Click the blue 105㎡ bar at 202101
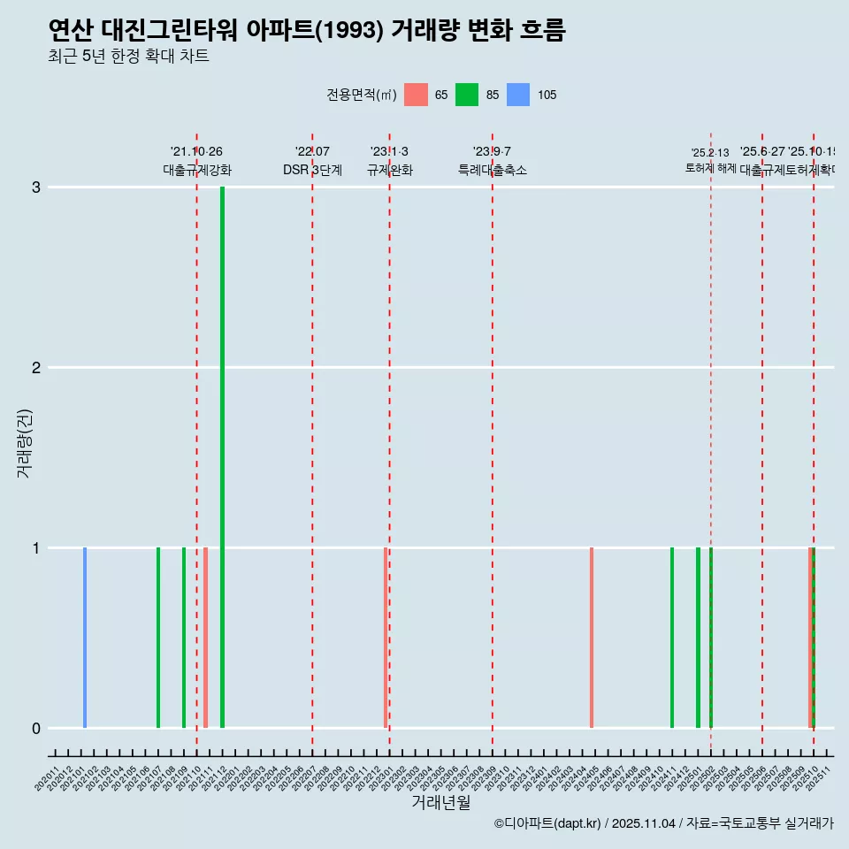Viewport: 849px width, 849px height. tap(85, 637)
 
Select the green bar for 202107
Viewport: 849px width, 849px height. tap(158, 637)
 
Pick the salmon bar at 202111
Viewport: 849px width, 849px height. tap(205, 637)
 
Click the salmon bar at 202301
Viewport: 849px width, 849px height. tap(386, 637)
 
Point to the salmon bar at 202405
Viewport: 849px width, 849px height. tap(592, 637)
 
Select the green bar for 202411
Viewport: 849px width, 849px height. tap(672, 637)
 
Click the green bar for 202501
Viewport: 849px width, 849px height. tap(698, 637)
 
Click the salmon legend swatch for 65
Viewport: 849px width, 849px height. tap(416, 95)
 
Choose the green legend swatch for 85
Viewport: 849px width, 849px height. tap(467, 95)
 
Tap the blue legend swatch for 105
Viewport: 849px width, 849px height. tap(518, 95)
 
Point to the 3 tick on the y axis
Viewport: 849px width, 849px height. tap(36, 187)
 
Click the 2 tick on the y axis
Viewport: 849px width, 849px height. tap(36, 367)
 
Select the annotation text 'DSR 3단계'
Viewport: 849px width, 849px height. tap(312, 170)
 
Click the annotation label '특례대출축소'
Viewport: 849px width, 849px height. tap(492, 170)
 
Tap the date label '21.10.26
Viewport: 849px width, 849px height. tap(196, 151)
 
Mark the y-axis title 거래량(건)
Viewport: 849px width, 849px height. tap(25, 442)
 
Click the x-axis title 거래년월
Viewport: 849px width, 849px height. tap(440, 802)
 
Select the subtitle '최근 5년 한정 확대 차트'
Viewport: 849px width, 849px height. tap(129, 57)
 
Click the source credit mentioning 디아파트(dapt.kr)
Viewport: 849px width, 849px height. tap(663, 823)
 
